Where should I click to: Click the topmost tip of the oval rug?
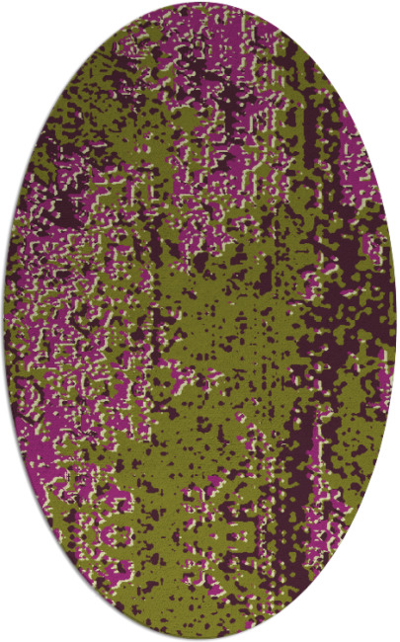[200, 3]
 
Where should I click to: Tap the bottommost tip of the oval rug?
[200, 639]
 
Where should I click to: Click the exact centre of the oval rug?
[200, 321]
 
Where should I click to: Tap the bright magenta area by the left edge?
[40, 326]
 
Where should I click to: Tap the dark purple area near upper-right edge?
[326, 128]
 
